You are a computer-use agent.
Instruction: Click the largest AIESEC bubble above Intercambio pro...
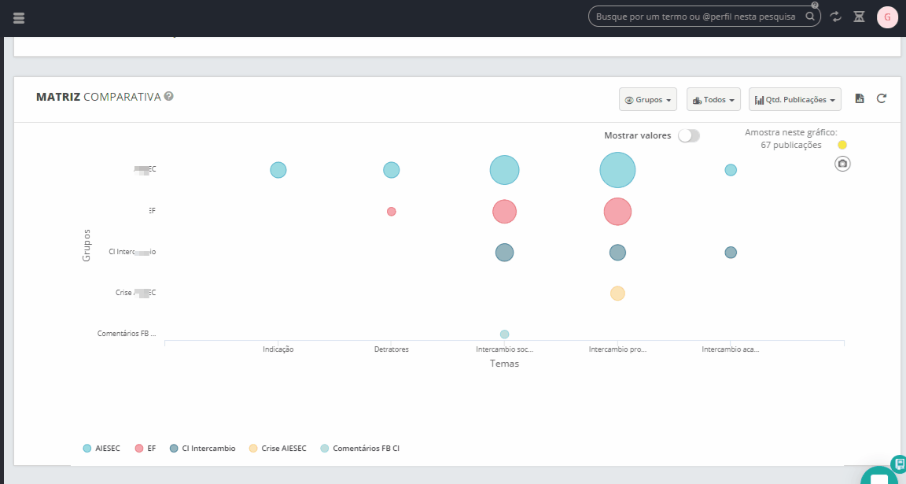click(617, 170)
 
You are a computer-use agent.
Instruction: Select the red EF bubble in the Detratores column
click(391, 212)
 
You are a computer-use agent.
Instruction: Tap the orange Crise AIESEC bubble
click(617, 294)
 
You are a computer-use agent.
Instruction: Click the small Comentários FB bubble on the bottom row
click(504, 334)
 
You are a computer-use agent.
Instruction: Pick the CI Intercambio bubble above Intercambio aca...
click(731, 253)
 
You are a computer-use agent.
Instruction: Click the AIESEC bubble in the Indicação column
click(278, 170)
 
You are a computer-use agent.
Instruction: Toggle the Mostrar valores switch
click(689, 135)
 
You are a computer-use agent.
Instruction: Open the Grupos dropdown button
click(649, 100)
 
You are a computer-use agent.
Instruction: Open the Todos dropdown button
click(714, 100)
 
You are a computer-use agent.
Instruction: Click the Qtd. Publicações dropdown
click(795, 100)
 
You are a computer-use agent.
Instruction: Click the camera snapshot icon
click(842, 164)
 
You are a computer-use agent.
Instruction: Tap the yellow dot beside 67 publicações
click(842, 145)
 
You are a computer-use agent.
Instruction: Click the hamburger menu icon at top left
click(19, 18)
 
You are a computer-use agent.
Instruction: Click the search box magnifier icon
click(810, 17)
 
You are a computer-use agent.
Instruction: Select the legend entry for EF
click(145, 449)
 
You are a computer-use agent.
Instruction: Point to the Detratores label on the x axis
click(391, 349)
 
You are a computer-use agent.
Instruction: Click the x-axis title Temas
click(504, 364)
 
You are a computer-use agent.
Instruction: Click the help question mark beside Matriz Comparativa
click(169, 97)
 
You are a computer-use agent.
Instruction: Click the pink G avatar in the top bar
click(887, 17)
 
